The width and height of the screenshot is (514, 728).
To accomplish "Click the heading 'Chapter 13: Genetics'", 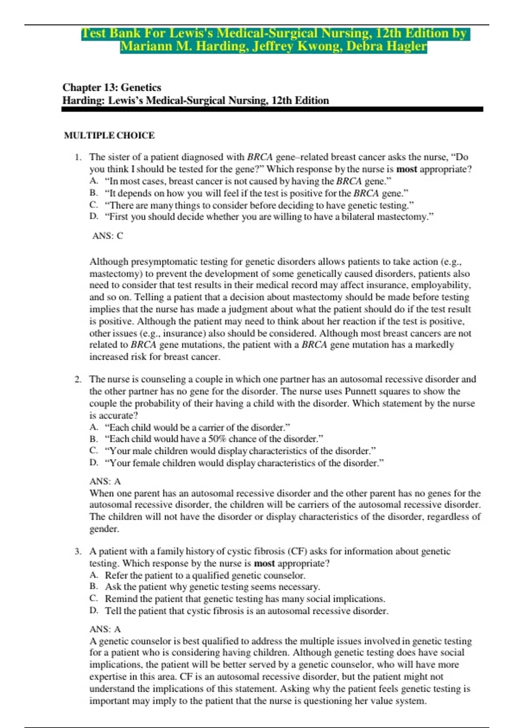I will pyautogui.click(x=112, y=87).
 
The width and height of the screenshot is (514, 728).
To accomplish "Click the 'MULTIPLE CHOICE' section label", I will pyautogui.click(x=109, y=135).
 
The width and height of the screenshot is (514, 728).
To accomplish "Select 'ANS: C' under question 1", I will pyautogui.click(x=108, y=236).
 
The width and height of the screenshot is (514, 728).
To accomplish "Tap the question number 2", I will pyautogui.click(x=78, y=379).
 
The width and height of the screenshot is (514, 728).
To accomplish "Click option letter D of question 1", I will pyautogui.click(x=94, y=217).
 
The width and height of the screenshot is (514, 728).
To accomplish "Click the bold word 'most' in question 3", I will pyautogui.click(x=264, y=563).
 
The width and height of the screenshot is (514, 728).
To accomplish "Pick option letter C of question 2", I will pyautogui.click(x=94, y=451).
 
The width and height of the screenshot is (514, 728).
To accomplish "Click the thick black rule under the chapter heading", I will pyautogui.click(x=272, y=110).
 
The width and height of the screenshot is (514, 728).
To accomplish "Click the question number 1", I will pyautogui.click(x=78, y=157).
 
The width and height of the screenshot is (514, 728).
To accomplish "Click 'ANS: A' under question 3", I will pyautogui.click(x=105, y=629).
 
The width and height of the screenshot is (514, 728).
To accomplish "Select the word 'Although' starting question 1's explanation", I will pyautogui.click(x=109, y=262).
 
